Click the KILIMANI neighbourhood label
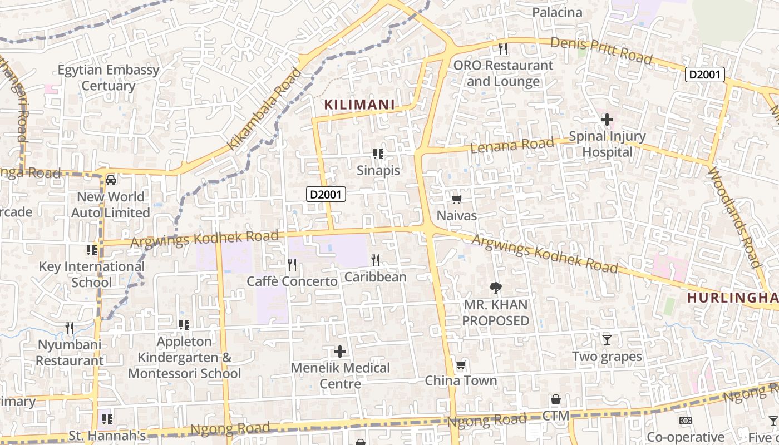359,105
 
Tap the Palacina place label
557,12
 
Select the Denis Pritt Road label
601,50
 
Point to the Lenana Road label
512,145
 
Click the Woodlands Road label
733,217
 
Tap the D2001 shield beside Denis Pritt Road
704,75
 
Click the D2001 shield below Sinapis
326,195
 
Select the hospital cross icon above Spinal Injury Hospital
607,120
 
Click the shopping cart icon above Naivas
456,199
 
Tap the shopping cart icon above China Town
461,365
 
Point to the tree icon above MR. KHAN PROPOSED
495,288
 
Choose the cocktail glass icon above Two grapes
607,340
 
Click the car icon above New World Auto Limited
111,180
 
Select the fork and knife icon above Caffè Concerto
292,265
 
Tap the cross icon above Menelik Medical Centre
340,352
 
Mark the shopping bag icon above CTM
555,400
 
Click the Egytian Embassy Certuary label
109,78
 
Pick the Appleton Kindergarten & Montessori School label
185,357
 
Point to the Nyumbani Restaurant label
70,352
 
